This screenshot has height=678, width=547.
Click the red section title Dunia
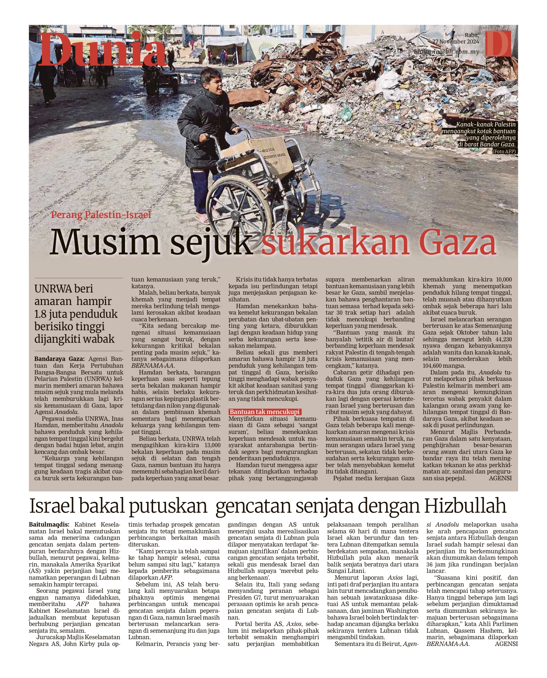[103, 50]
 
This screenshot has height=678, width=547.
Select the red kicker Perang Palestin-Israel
[101, 215]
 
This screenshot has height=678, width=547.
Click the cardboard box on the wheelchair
[257, 155]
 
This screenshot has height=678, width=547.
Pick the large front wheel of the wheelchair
[239, 207]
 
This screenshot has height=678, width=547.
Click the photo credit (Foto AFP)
[504, 151]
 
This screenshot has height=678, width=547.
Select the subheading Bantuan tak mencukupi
[265, 412]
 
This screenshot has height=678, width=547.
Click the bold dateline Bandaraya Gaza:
[59, 359]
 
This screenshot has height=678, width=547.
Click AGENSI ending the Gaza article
[500, 478]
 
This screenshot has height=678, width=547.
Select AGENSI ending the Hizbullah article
[506, 644]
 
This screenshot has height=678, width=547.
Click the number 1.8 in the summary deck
[42, 314]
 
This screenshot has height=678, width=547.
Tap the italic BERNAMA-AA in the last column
[448, 644]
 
